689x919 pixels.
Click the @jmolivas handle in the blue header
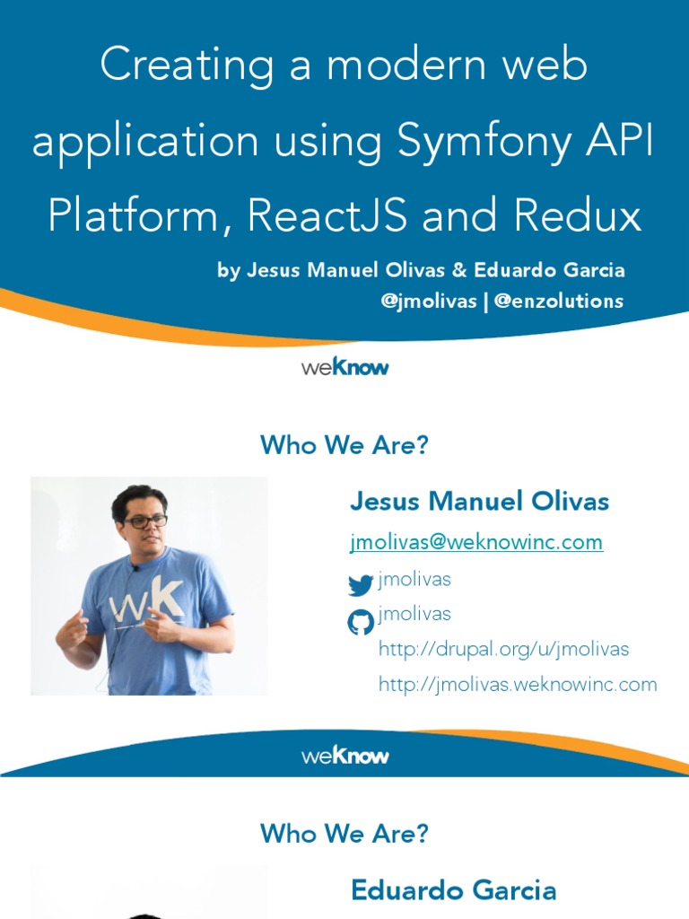point(429,302)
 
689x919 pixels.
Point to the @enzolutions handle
point(558,302)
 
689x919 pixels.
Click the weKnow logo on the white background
point(344,367)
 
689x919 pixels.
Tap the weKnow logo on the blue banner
point(344,756)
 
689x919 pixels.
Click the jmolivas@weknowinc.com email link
point(475,542)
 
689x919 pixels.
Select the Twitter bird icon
point(361,586)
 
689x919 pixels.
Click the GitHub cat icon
point(361,622)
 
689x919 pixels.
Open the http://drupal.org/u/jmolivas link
point(503,649)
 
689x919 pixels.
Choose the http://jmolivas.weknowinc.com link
point(518,685)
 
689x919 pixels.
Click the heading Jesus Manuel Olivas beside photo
point(479,502)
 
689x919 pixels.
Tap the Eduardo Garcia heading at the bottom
point(453,890)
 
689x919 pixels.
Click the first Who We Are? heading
point(344,445)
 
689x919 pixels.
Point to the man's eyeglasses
point(145,521)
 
